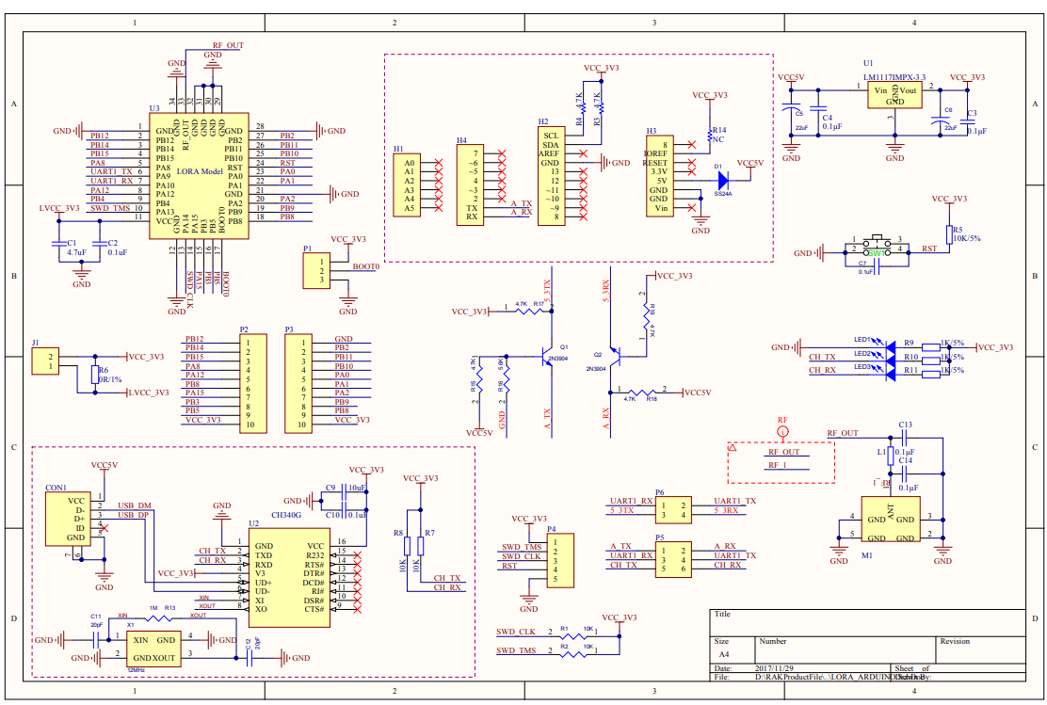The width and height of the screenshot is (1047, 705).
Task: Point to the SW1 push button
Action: (876, 249)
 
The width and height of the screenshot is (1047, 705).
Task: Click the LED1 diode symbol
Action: (886, 346)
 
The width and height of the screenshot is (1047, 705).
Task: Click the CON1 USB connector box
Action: (71, 519)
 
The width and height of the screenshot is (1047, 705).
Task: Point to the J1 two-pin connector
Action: (45, 361)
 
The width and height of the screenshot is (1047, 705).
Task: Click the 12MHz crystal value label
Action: (136, 669)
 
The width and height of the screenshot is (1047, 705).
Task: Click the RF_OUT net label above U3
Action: (227, 45)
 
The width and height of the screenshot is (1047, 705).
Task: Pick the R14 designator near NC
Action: (718, 129)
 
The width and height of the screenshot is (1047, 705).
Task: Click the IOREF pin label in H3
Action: (656, 152)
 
